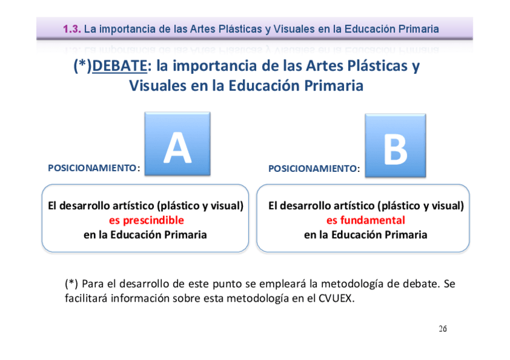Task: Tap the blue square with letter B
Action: pos(395,146)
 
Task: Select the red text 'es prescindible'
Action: pos(146,220)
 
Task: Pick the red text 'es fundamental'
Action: pos(366,220)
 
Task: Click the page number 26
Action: pos(443,329)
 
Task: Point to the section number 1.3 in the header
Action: pos(72,28)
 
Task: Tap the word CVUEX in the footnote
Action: pos(333,297)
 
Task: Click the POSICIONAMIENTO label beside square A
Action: pos(92,168)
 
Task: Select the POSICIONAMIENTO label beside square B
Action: pos(312,169)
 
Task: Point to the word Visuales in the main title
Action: pos(158,86)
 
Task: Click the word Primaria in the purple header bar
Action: pos(419,28)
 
